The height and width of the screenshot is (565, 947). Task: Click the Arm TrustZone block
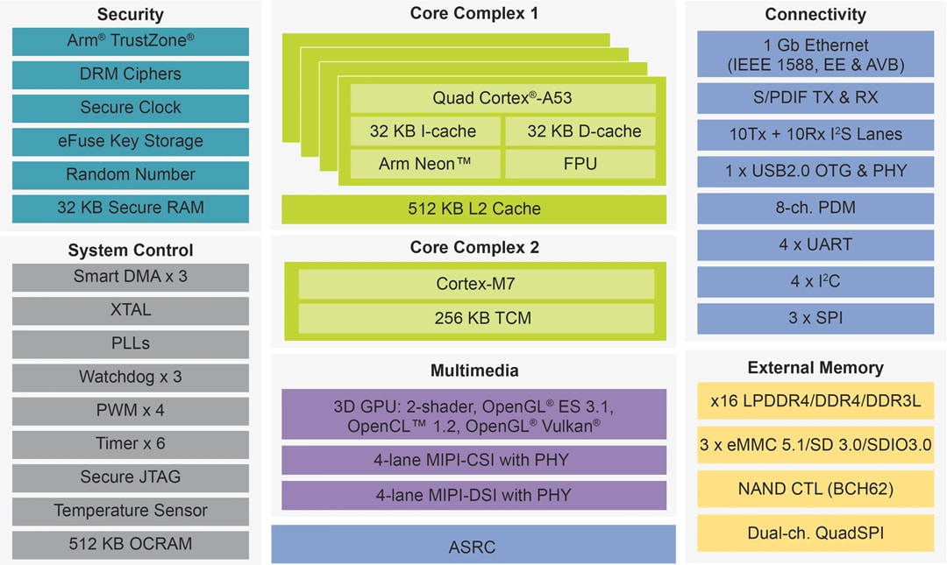131,41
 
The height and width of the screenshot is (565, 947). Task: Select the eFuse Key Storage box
131,141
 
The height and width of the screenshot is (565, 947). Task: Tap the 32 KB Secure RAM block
131,208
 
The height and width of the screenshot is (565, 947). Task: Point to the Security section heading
131,14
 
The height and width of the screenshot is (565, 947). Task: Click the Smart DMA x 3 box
131,277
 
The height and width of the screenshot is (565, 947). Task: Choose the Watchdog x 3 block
131,377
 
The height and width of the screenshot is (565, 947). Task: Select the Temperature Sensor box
131,510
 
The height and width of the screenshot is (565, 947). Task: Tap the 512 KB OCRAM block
131,543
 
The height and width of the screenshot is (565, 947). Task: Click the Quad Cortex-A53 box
502,97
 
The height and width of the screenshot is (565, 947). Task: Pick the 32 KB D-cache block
580,131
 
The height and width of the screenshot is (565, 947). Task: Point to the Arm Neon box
425,164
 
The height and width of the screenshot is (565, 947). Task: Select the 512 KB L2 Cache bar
473,208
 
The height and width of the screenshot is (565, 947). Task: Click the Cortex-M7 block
476,284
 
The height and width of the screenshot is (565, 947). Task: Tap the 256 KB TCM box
476,317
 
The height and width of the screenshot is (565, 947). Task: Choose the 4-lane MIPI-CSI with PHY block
473,459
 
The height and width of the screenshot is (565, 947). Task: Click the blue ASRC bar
473,547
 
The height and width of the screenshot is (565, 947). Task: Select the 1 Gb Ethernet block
815,54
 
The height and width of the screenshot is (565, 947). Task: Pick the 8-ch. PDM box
815,208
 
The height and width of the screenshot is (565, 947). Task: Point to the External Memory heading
815,367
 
